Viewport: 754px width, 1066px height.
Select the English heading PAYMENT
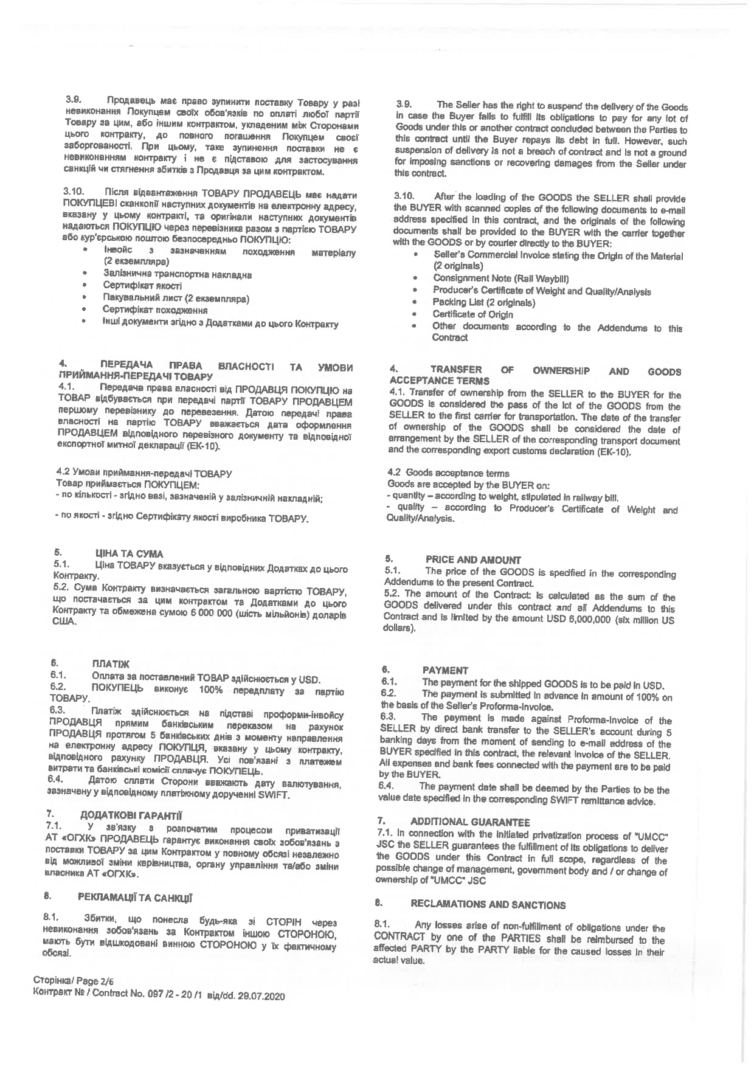(x=445, y=671)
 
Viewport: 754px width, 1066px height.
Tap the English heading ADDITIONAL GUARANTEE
(x=470, y=822)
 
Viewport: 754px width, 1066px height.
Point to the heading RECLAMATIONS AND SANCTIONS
(x=488, y=905)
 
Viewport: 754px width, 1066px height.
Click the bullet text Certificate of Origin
(x=472, y=314)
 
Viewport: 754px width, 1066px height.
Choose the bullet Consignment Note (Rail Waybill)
(x=500, y=279)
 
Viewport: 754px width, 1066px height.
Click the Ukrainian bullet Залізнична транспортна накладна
(x=178, y=274)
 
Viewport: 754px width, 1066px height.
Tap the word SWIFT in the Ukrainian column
(x=278, y=795)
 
